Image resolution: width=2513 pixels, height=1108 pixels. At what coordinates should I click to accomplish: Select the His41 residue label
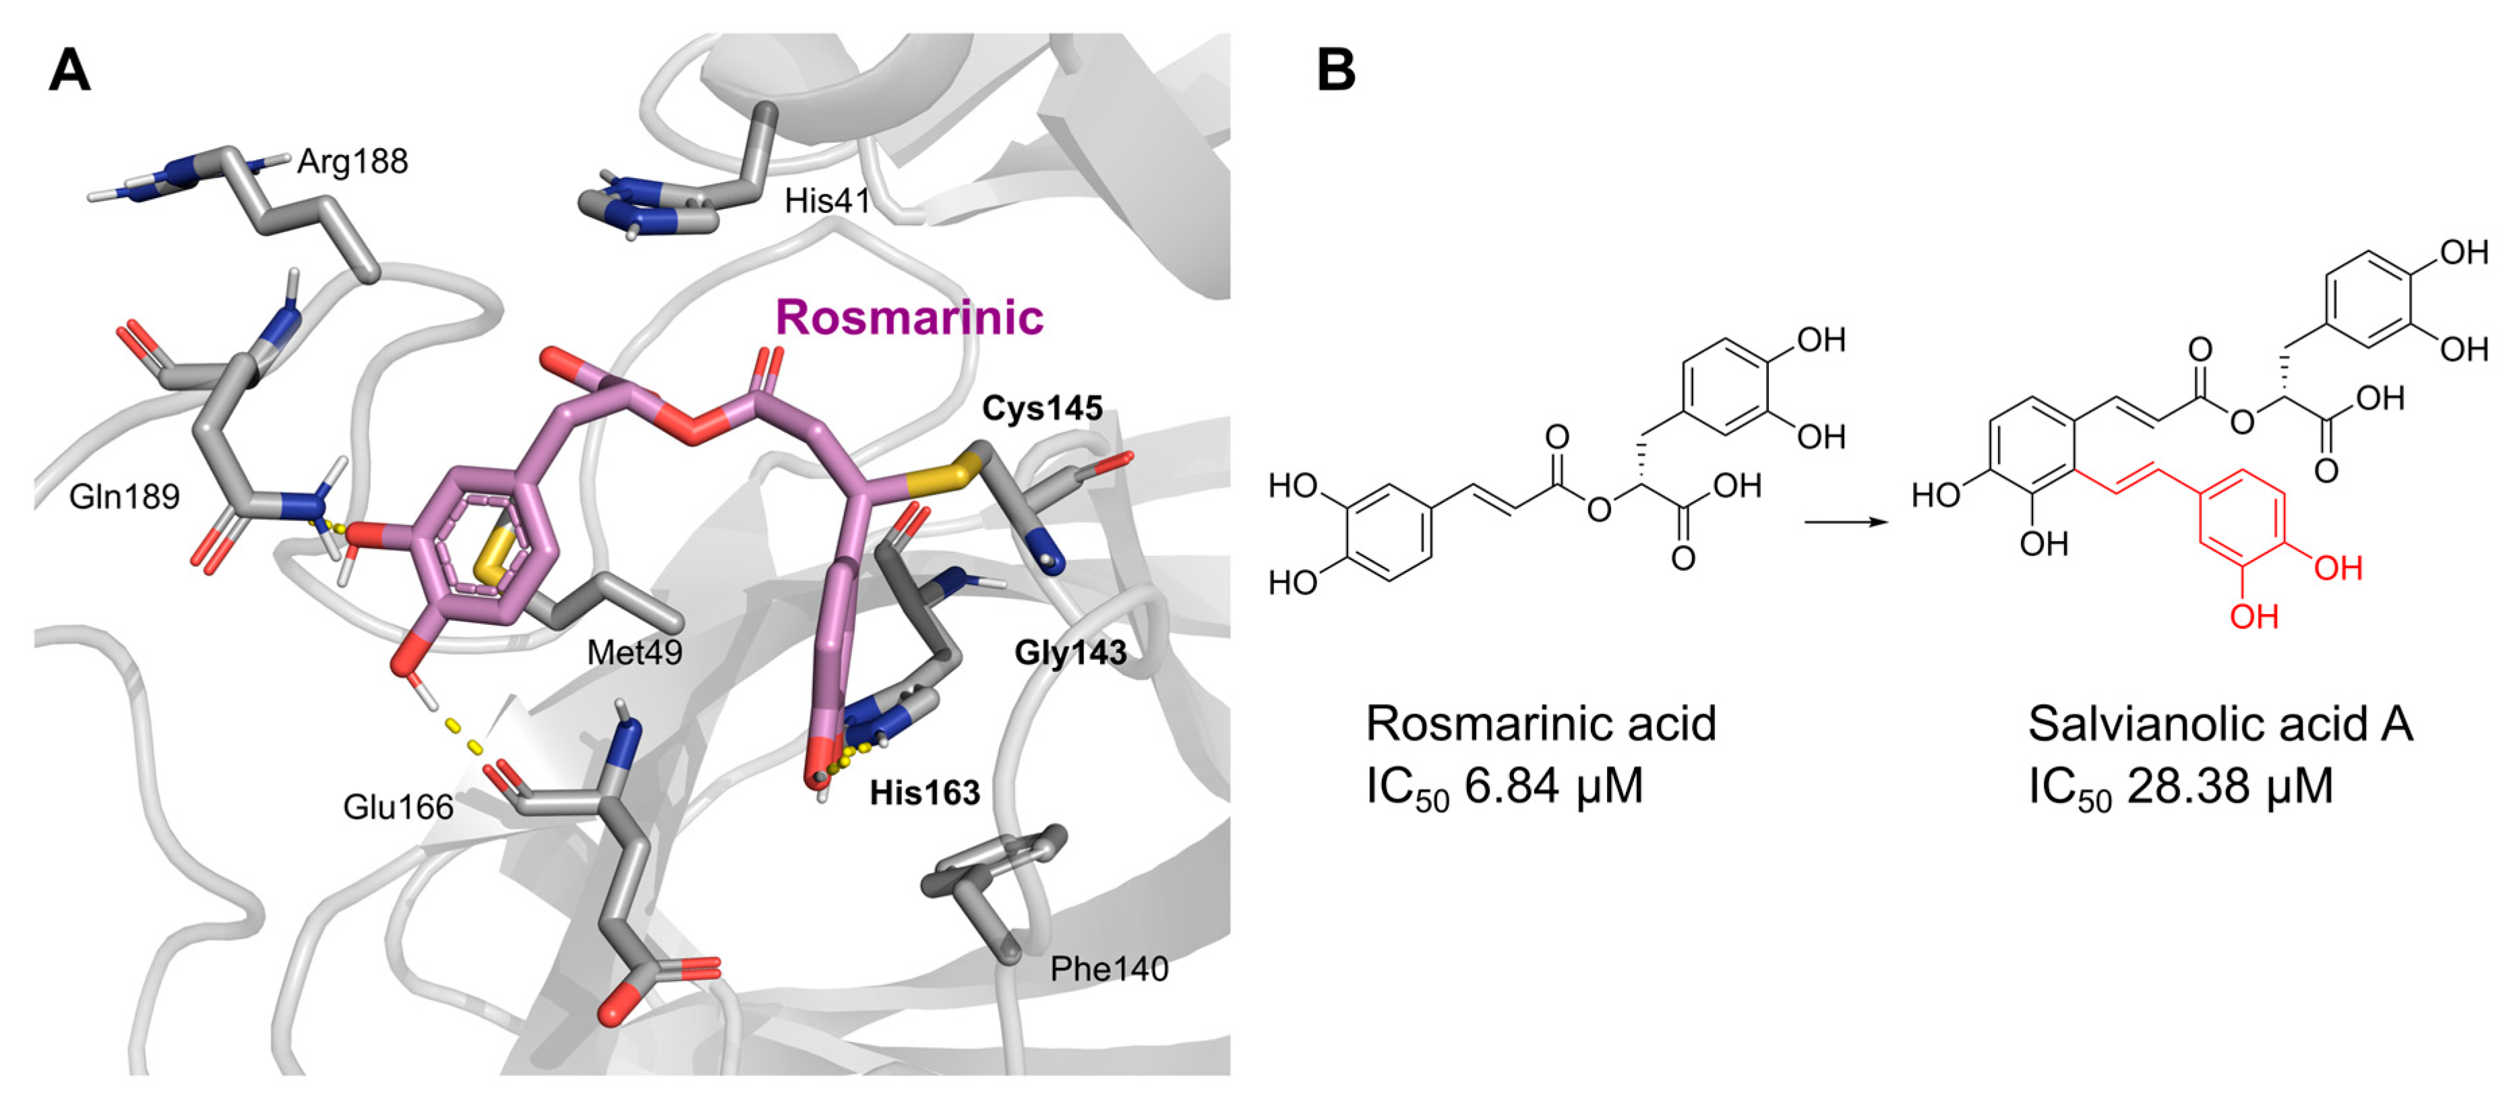[826, 202]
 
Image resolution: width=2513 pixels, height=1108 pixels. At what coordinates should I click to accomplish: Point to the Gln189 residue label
[124, 497]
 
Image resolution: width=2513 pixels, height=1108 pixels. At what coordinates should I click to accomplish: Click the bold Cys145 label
[1042, 408]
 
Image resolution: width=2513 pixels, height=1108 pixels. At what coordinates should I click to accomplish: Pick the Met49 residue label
[634, 652]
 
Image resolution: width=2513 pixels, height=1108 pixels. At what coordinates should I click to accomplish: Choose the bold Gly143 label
[1070, 652]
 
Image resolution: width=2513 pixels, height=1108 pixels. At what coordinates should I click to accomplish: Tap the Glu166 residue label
[398, 807]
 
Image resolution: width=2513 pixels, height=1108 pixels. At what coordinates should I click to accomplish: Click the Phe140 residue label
[1108, 969]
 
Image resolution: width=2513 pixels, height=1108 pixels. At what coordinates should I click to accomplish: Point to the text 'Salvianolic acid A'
[2219, 724]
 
